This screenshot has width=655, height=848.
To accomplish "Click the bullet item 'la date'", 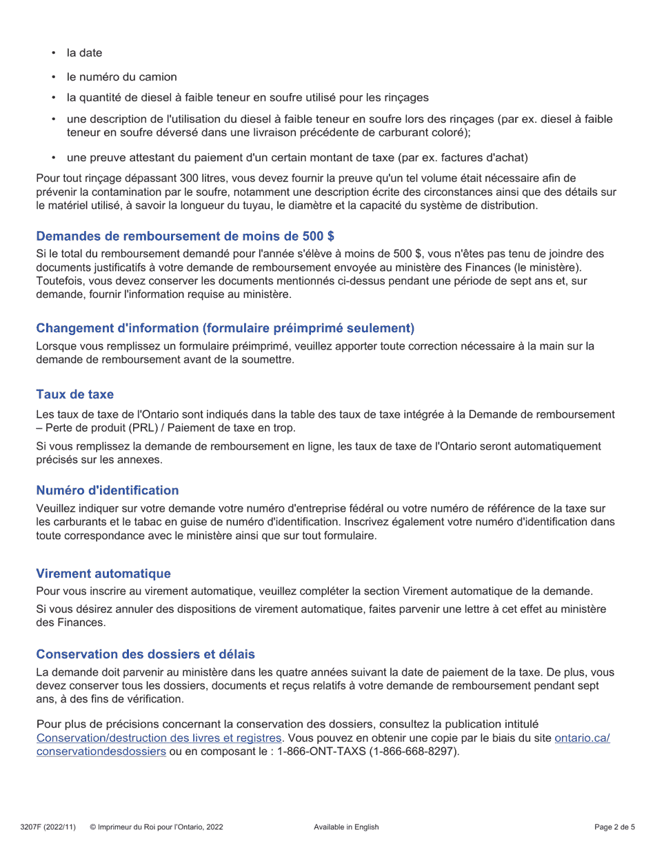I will (84, 53).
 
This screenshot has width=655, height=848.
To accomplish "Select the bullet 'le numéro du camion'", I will (121, 77).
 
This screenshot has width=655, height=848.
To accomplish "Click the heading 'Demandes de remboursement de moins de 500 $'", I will (185, 236).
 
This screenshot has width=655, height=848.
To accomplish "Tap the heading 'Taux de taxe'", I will (74, 394).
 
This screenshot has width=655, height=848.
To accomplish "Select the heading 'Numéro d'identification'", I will (107, 490).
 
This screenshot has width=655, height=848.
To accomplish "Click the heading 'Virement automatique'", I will (103, 574).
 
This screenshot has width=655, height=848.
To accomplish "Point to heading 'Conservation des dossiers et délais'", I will (145, 654).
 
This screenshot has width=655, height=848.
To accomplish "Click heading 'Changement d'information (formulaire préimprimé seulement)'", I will (225, 327).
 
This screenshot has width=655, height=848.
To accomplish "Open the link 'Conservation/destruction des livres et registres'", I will (159, 738).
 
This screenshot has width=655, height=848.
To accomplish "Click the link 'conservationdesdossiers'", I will (101, 751).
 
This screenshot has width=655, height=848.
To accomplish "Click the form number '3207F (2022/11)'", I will (48, 827).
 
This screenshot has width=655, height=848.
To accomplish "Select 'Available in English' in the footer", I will (346, 827).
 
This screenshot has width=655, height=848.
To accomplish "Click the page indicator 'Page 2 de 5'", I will (614, 827).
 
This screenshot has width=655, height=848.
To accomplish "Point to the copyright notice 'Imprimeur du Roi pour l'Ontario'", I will (161, 827).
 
